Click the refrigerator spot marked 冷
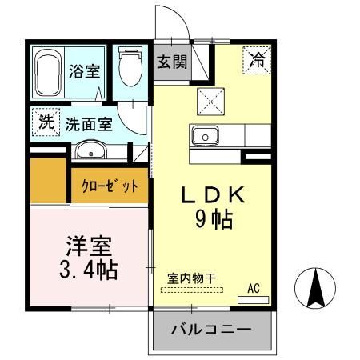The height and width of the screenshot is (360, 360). [x=258, y=58]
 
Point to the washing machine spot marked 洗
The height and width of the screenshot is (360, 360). [x=46, y=123]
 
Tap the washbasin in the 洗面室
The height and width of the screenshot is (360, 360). [x=91, y=150]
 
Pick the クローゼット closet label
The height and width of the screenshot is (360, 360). [x=110, y=185]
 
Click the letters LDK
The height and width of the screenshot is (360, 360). [x=211, y=194]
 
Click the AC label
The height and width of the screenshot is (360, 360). [x=254, y=289]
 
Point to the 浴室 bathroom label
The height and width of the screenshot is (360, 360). [x=84, y=70]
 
